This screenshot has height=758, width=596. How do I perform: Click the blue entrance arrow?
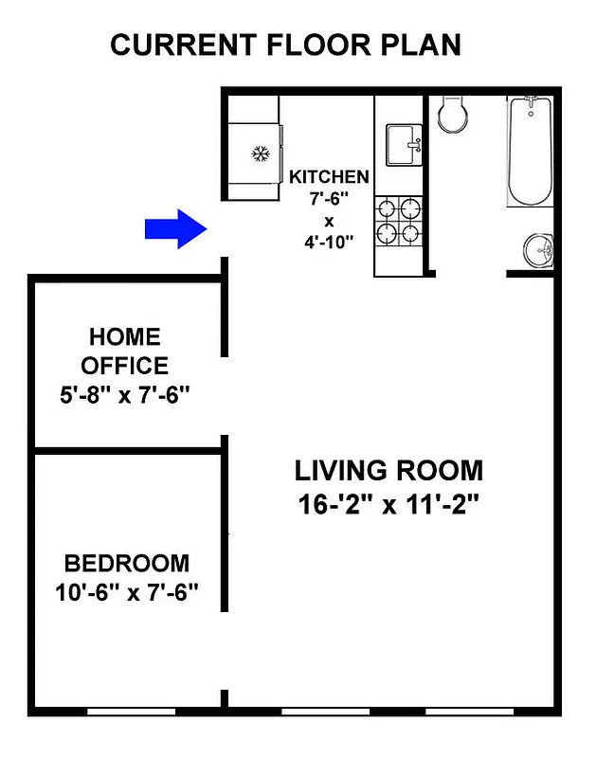pyautogui.click(x=175, y=228)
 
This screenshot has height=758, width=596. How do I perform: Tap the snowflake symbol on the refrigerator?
pyautogui.click(x=259, y=153)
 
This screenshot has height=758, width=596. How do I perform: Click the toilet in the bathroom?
pyautogui.click(x=452, y=114)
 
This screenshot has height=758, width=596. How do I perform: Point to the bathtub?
pyautogui.click(x=530, y=152)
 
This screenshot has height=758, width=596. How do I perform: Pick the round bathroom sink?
pyautogui.click(x=539, y=251)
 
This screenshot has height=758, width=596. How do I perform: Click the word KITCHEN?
pyautogui.click(x=329, y=177)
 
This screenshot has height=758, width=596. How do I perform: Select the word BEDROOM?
pyautogui.click(x=126, y=564)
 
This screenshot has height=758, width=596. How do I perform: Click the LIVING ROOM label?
pyautogui.click(x=388, y=470)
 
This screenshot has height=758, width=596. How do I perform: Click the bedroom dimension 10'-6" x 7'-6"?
pyautogui.click(x=126, y=596)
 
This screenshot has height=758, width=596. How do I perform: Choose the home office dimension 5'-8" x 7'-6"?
pyautogui.click(x=124, y=394)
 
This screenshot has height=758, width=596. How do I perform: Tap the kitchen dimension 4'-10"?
pyautogui.click(x=329, y=243)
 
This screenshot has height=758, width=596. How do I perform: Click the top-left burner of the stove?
pyautogui.click(x=387, y=208)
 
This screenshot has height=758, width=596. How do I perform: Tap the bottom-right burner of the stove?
pyautogui.click(x=410, y=232)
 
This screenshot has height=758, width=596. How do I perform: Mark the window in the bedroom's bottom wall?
pyautogui.click(x=133, y=710)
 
